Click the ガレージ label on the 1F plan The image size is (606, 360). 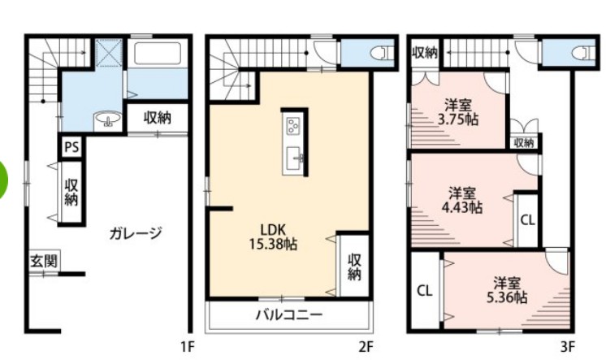coord(135,233)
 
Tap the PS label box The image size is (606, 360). coord(71,148)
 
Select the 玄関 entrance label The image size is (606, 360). coord(42,262)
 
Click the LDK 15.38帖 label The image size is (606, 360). coord(272,235)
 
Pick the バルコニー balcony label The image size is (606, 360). coord(289,314)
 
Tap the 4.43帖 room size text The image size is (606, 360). coord(465,207)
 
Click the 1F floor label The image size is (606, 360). coord(188,348)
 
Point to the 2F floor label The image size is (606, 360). coord(366,348)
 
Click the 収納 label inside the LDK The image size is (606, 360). coord(354,266)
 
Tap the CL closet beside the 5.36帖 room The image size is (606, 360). coord(424,290)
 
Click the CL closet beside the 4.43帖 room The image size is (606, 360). coord(526,219)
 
